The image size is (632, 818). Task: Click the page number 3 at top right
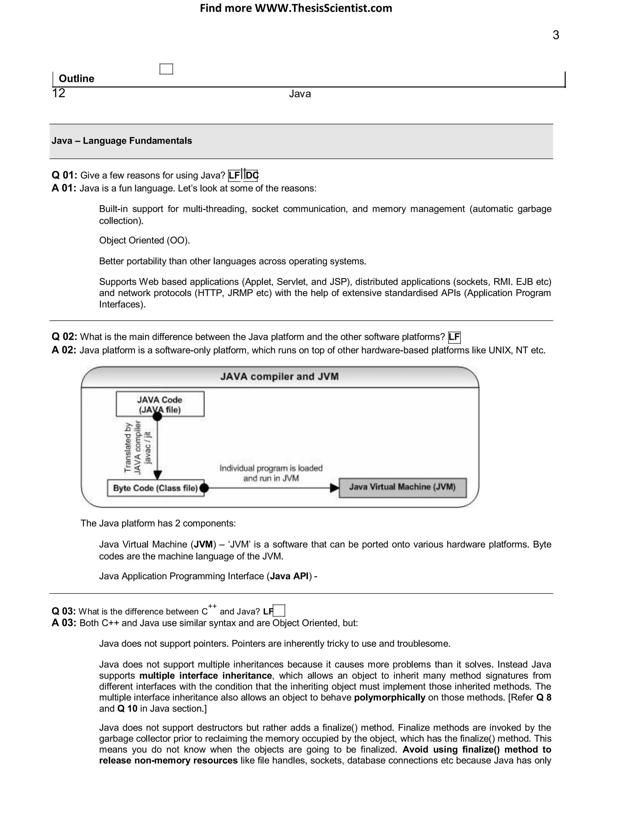pos(555,35)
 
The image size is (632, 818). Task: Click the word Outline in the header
pos(77,79)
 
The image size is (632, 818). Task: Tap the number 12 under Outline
pos(59,93)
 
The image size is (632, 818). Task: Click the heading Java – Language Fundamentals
pos(122,141)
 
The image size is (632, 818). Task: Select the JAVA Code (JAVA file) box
pos(160,404)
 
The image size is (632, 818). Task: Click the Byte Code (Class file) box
pos(156,488)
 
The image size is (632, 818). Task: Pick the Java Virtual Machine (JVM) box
pos(402,487)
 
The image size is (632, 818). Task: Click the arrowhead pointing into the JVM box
pos(334,488)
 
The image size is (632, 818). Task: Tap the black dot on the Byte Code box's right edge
pos(204,488)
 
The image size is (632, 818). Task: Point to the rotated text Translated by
pos(128,447)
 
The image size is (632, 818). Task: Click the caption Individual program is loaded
pos(271,468)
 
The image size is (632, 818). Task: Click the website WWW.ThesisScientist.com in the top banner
pos(323,8)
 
